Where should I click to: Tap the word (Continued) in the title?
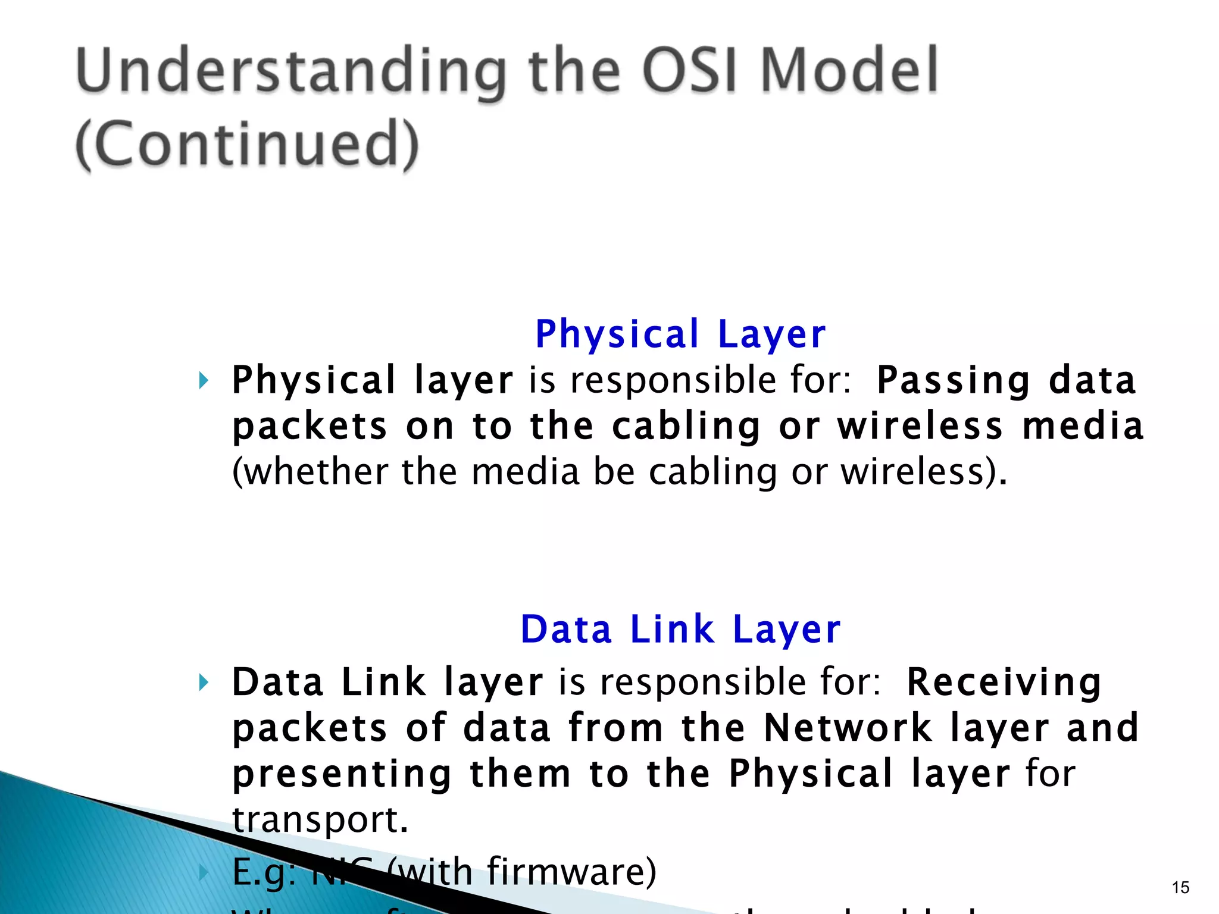(248, 143)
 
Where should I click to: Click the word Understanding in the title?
(292, 71)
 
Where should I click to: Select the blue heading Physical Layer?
(680, 334)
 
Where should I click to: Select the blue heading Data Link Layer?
(680, 629)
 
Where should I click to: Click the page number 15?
(1180, 888)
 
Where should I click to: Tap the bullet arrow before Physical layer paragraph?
(204, 380)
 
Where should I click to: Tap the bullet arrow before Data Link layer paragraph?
(204, 682)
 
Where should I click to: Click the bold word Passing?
(953, 381)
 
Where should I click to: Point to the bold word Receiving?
(1004, 682)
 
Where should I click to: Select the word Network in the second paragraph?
(848, 728)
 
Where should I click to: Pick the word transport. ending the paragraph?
(320, 819)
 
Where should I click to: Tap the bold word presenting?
(342, 774)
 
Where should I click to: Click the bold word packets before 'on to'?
(310, 427)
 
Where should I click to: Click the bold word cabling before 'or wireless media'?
(686, 427)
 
